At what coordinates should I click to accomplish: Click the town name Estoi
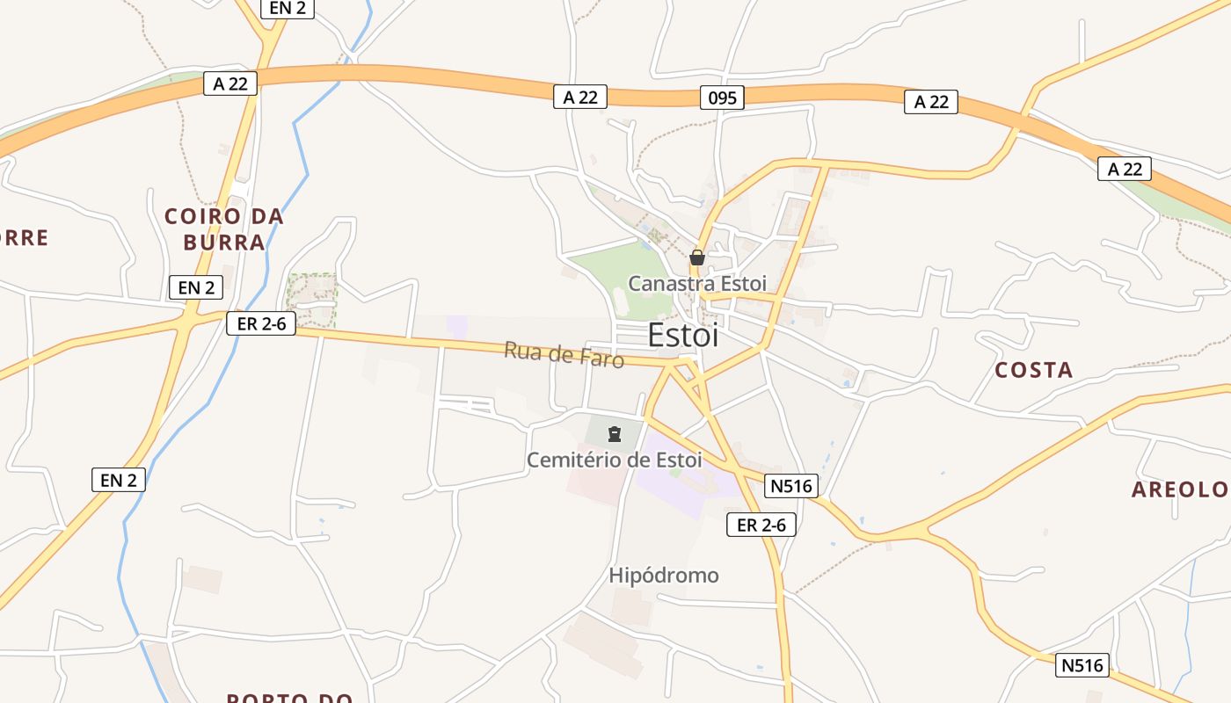coord(682,335)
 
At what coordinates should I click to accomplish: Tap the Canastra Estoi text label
coord(696,284)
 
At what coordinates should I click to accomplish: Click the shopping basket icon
coord(697,257)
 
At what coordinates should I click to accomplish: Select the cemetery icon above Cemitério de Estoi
coord(615,433)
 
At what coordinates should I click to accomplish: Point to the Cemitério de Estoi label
coord(614,460)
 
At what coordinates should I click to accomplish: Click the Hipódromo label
coord(664,576)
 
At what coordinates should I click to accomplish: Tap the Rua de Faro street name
coord(564,354)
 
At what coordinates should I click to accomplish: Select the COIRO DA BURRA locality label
coord(224,229)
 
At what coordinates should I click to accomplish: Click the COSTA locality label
coord(1033,370)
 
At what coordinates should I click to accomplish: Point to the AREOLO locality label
coord(1178,489)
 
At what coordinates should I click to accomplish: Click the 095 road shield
coord(723,98)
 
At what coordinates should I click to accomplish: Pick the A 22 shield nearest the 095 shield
coord(580,98)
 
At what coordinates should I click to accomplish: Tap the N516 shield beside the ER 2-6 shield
coord(793,485)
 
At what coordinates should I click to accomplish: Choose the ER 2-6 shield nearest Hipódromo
coord(761,525)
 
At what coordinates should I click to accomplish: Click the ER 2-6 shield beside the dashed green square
coord(261,323)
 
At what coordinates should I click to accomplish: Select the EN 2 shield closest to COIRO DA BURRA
coord(196,286)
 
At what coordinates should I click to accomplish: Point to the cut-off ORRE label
coord(24,237)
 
